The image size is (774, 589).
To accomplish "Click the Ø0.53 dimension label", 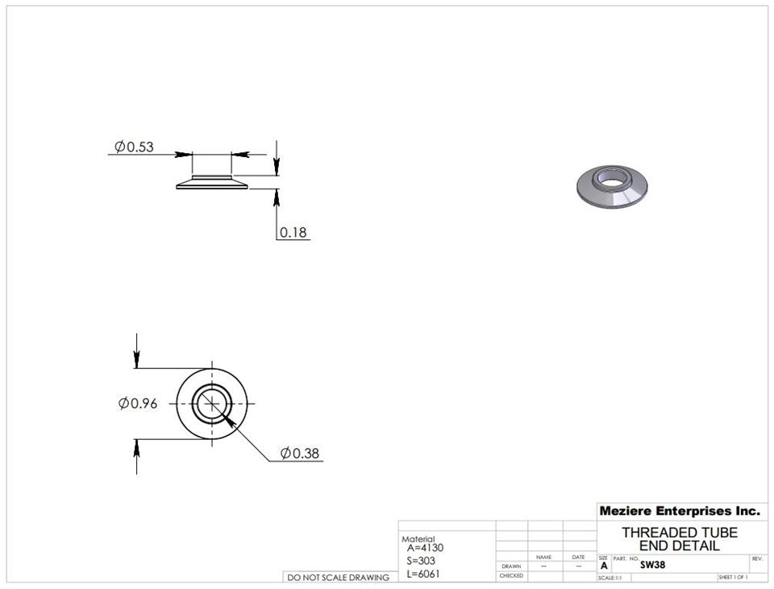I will tap(134, 147).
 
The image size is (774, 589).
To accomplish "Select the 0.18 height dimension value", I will tap(293, 233).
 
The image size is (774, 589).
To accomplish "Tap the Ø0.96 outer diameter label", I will tap(138, 404).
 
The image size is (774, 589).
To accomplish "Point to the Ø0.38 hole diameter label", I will tap(300, 454).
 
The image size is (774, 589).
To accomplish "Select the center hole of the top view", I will tap(211, 403).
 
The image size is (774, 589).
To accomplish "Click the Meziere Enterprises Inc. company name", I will tap(679, 511).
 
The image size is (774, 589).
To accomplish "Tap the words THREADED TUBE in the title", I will tap(679, 533).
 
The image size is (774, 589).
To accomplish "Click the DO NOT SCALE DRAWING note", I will tap(338, 577).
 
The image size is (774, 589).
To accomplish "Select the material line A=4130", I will tap(426, 548).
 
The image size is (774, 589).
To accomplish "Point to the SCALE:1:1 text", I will tap(610, 578).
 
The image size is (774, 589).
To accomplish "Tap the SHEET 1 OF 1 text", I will tap(732, 578).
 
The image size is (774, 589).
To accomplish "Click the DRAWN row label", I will tap(510, 566).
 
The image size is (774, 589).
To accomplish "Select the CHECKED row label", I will tap(510, 576).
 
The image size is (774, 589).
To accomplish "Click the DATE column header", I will tap(578, 557).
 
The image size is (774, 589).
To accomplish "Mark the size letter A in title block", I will tap(604, 566).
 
